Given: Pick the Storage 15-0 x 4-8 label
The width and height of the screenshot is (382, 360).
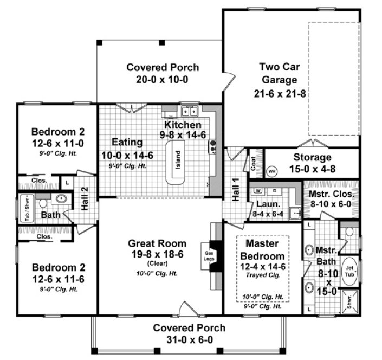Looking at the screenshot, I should tap(312, 163).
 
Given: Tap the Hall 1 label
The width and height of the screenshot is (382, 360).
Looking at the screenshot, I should tap(236, 190).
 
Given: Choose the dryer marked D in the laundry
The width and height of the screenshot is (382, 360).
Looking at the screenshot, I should tap(274, 191).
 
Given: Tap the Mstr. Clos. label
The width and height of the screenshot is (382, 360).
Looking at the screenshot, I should tap(331, 194).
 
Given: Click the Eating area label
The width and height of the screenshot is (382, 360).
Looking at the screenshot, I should tap(127, 142).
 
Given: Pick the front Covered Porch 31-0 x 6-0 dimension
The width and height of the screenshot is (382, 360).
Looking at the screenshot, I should tap(189, 339).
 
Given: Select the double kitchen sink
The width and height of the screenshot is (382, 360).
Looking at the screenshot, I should tap(189, 112).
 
